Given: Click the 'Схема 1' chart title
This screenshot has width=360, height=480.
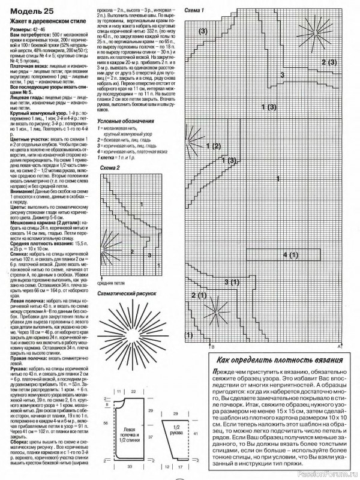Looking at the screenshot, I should coord(194,11).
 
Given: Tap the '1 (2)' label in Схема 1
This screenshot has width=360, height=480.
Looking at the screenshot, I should coord(213,145).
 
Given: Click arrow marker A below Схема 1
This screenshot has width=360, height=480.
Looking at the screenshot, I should coord(339,346).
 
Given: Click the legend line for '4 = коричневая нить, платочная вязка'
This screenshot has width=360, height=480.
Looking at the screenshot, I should coord(136,152).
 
